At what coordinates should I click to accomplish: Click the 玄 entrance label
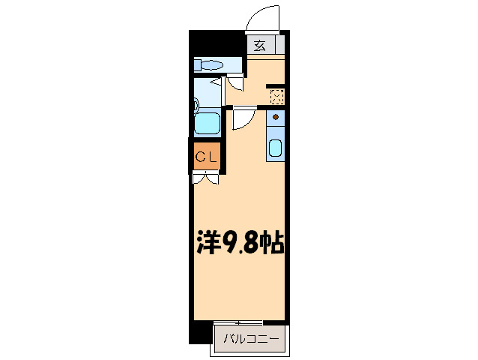(x=259, y=45)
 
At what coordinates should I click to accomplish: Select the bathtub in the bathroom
(x=207, y=122)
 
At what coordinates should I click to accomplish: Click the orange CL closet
(x=207, y=157)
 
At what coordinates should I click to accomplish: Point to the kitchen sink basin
(x=275, y=148)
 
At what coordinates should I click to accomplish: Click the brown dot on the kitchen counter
(x=275, y=118)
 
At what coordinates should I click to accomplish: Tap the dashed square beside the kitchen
(x=276, y=97)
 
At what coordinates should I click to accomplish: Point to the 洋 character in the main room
(x=209, y=241)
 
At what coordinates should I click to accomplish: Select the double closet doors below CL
(x=205, y=178)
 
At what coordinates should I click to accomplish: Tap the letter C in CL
(x=201, y=157)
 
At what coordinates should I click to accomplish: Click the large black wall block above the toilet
(x=217, y=42)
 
